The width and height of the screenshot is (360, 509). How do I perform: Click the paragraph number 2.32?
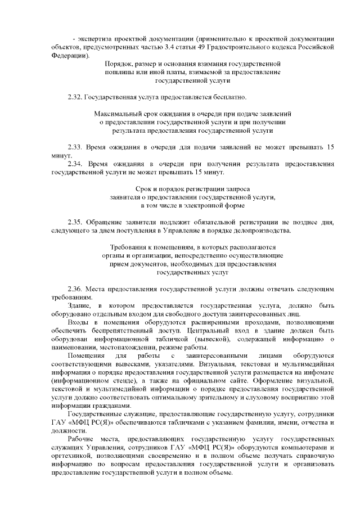pyautogui.click(x=74, y=98)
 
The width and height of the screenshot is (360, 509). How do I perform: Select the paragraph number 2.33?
pyautogui.click(x=75, y=147)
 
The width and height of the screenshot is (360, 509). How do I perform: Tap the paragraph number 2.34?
pyautogui.click(x=75, y=163)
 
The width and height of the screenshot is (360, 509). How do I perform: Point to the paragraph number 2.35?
pyautogui.click(x=75, y=222)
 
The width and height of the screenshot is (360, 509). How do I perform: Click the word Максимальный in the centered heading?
pyautogui.click(x=117, y=114)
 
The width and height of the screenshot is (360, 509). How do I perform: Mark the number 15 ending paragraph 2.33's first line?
pyautogui.click(x=331, y=147)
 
